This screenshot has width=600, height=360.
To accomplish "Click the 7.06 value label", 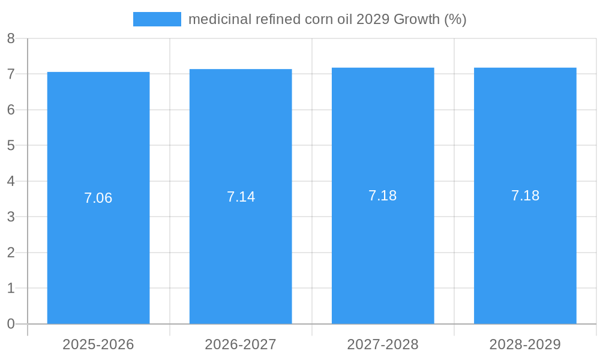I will pyautogui.click(x=98, y=198).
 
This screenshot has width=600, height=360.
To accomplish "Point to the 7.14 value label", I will pyautogui.click(x=241, y=197).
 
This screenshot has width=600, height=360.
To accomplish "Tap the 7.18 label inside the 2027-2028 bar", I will pyautogui.click(x=383, y=196).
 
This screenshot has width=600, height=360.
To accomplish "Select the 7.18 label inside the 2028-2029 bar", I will pyautogui.click(x=525, y=196).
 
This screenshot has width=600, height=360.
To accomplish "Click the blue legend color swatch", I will pyautogui.click(x=157, y=19).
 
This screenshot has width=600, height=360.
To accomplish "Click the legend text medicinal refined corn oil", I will pyautogui.click(x=327, y=19).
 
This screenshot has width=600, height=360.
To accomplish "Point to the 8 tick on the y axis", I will pyautogui.click(x=11, y=38).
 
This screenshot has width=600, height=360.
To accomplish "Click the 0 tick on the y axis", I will pyautogui.click(x=11, y=324).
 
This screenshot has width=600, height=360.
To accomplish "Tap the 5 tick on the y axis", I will pyautogui.click(x=11, y=145).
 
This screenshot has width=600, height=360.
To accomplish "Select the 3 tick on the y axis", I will pyautogui.click(x=11, y=217).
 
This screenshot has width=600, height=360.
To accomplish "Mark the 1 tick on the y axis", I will pyautogui.click(x=11, y=288).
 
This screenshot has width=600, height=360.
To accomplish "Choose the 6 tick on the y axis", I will pyautogui.click(x=11, y=110).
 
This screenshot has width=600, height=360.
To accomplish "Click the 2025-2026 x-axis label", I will pyautogui.click(x=98, y=344).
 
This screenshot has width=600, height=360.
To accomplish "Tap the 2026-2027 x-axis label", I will pyautogui.click(x=241, y=344).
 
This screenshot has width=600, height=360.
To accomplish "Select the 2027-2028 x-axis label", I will pyautogui.click(x=383, y=344).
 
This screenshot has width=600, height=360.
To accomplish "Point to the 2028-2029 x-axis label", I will pyautogui.click(x=525, y=344).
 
